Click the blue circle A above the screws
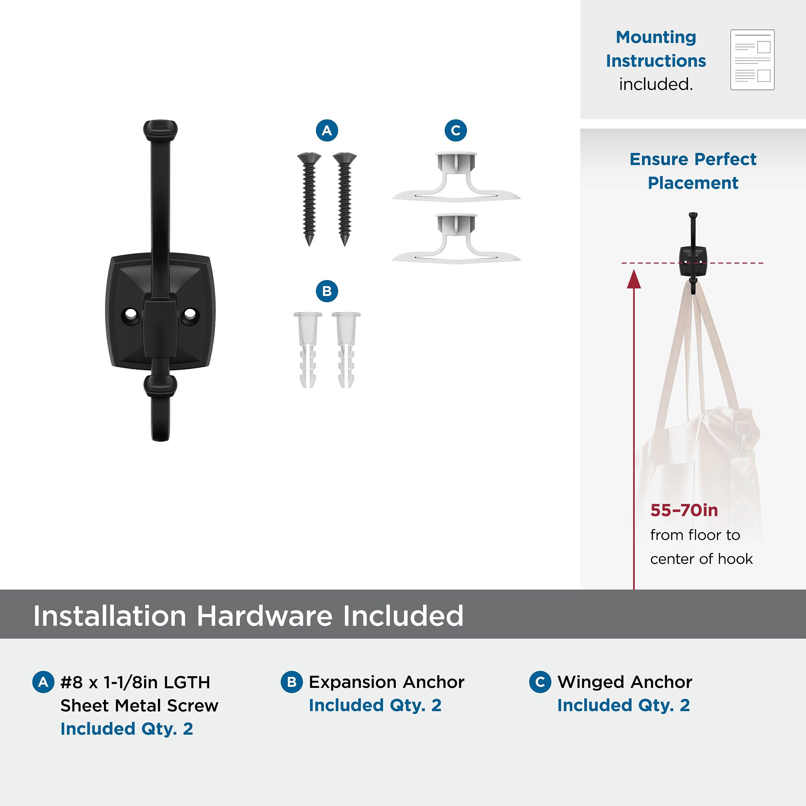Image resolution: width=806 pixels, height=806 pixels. pyautogui.click(x=327, y=131)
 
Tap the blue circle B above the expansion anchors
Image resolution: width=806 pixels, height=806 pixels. pyautogui.click(x=327, y=291)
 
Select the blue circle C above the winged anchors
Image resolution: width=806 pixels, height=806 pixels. pyautogui.click(x=456, y=131)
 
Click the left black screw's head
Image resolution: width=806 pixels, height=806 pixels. pyautogui.click(x=309, y=158)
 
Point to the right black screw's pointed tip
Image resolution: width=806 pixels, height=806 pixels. pyautogui.click(x=345, y=245)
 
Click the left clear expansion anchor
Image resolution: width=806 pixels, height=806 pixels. pyautogui.click(x=308, y=349)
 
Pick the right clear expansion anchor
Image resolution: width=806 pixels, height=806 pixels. pyautogui.click(x=346, y=349)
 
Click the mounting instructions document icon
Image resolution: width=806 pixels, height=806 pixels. pyautogui.click(x=752, y=60)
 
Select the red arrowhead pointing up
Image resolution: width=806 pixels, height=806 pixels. pyautogui.click(x=634, y=279)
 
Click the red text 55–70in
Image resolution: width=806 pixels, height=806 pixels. pyautogui.click(x=684, y=510)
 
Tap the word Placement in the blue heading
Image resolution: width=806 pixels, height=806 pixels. pyautogui.click(x=693, y=183)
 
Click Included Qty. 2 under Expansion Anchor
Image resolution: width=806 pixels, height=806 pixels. pyautogui.click(x=375, y=705)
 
